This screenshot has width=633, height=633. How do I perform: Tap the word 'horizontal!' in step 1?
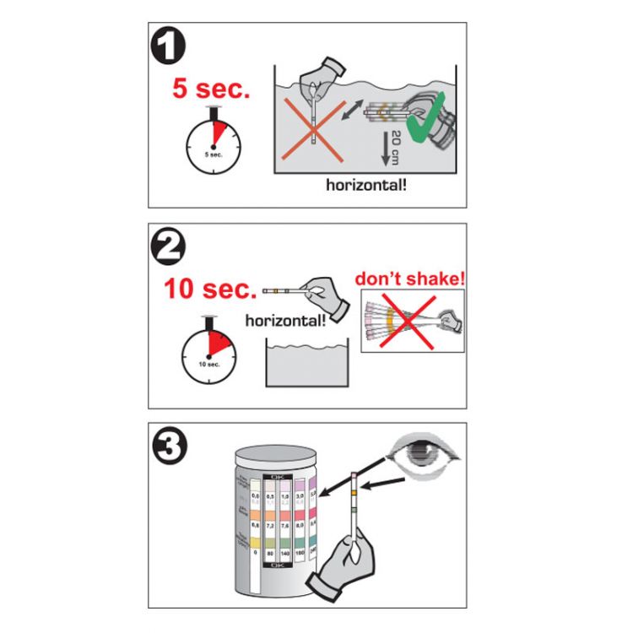[366, 182]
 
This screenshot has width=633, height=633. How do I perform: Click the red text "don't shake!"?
[410, 278]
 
